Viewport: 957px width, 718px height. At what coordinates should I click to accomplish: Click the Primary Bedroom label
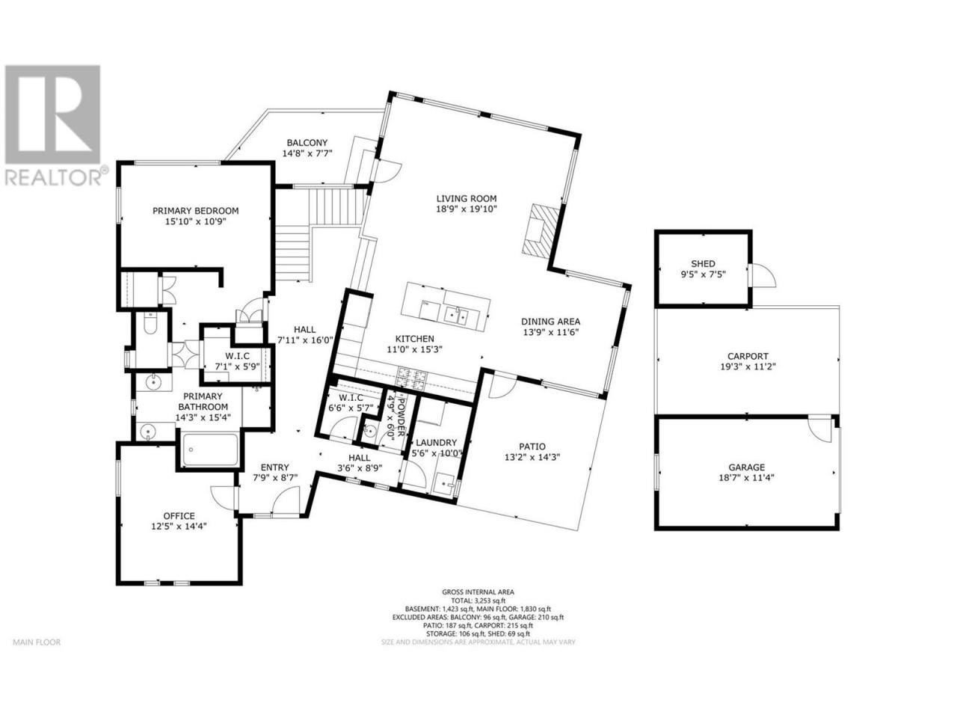[x=195, y=211]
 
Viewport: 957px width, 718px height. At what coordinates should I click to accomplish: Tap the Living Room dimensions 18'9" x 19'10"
[x=467, y=209]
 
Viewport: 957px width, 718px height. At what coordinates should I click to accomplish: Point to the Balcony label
[x=307, y=143]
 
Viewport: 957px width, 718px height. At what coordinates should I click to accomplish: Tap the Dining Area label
[x=551, y=322]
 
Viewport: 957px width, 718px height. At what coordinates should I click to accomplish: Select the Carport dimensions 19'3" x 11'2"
[x=748, y=366]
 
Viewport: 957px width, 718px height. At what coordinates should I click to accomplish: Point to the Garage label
[x=747, y=467]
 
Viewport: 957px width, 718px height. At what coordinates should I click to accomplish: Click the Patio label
[x=532, y=447]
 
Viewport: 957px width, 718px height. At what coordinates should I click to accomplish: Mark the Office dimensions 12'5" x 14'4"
[x=179, y=527]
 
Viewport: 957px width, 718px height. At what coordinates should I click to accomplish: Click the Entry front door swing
[x=285, y=500]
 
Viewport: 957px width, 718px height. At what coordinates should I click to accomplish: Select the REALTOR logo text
[x=54, y=177]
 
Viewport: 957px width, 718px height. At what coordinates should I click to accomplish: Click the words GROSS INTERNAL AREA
[x=478, y=592]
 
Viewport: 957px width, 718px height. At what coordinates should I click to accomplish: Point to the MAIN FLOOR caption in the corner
[x=37, y=642]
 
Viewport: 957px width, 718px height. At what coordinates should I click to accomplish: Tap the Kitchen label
[x=415, y=339]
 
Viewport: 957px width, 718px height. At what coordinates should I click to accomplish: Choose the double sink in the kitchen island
[x=457, y=314]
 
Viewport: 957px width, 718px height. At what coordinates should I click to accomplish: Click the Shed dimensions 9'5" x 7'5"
[x=703, y=274]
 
